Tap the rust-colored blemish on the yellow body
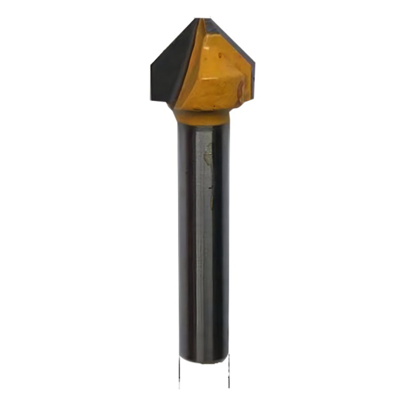click(x=241, y=91)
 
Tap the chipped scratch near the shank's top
click(x=208, y=155)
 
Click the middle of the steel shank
click(x=203, y=239)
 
